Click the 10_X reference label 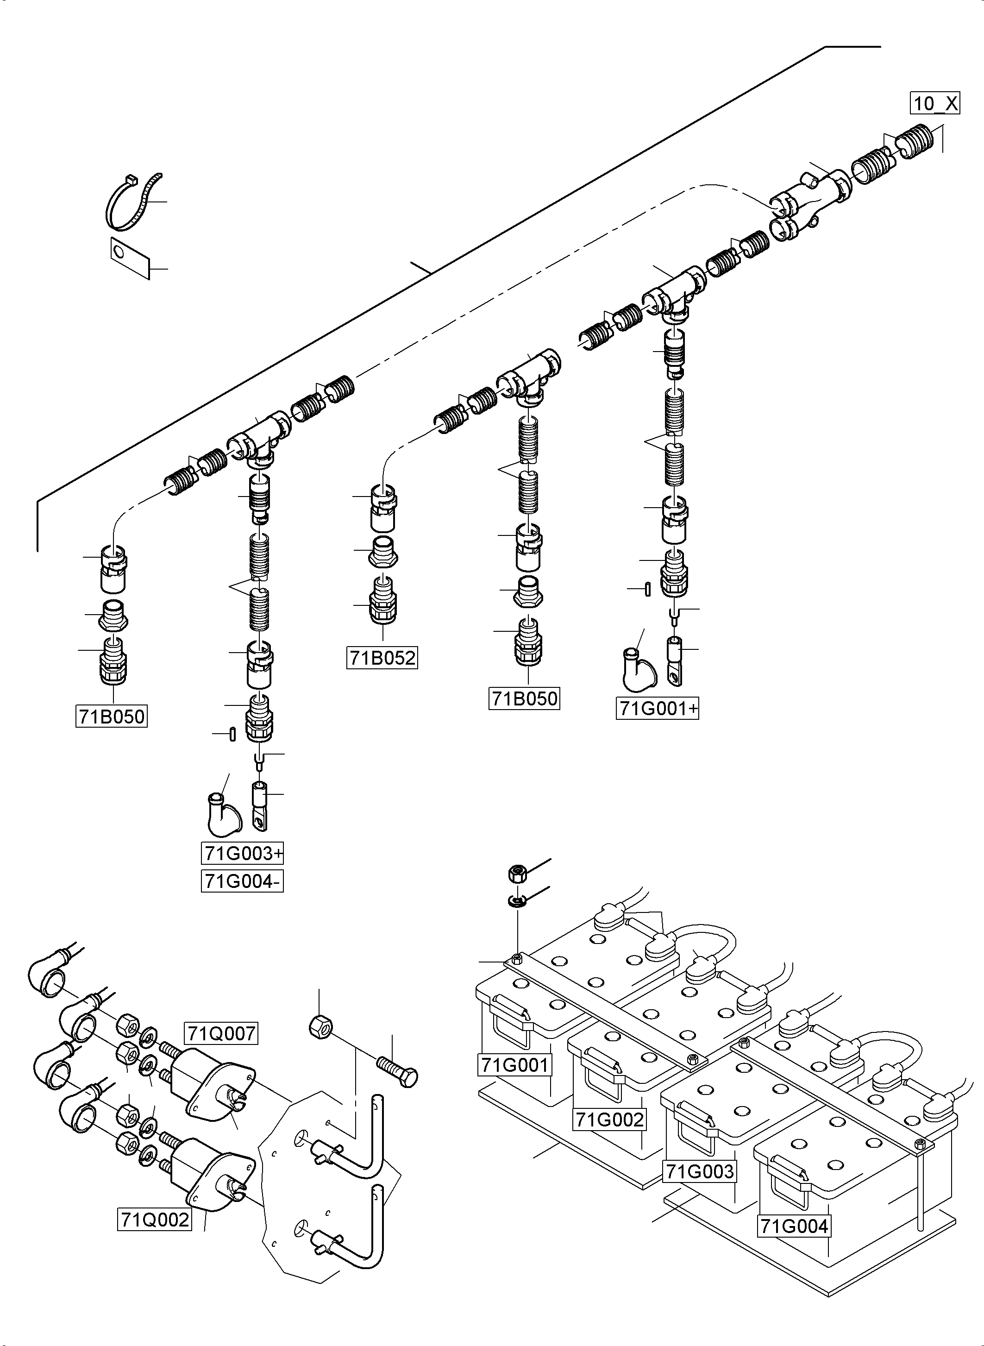[x=934, y=103]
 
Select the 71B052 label [x=382, y=658]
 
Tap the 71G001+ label [x=657, y=709]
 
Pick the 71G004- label [x=242, y=881]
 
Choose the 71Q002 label [x=154, y=1220]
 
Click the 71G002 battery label [x=609, y=1120]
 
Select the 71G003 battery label [x=699, y=1171]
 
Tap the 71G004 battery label [x=795, y=1226]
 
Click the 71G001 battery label [x=514, y=1064]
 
